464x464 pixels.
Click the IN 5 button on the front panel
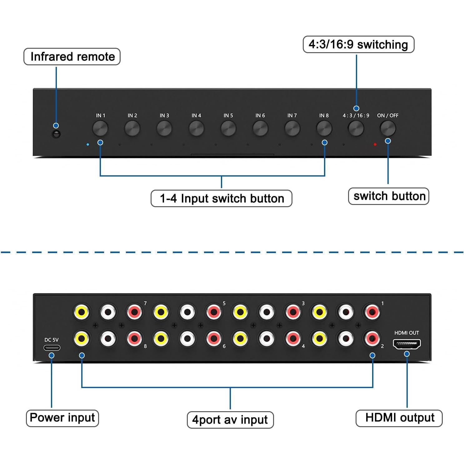(228, 128)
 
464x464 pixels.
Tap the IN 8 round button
(324, 128)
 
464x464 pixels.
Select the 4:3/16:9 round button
(356, 128)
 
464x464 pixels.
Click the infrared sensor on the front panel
(56, 134)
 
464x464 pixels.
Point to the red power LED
(375, 144)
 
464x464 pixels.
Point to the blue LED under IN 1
(88, 144)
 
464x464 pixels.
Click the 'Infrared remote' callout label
(72, 57)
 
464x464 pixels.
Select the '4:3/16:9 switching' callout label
(358, 44)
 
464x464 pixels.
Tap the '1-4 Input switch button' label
(222, 198)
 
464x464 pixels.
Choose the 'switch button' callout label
(389, 196)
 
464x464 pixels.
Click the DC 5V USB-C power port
(52, 347)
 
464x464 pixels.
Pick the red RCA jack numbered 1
(372, 312)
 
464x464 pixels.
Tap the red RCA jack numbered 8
(135, 338)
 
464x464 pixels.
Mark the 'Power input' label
(62, 418)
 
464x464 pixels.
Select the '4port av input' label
(230, 420)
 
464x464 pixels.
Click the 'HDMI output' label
(399, 418)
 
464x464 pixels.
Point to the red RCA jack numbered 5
(214, 312)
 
